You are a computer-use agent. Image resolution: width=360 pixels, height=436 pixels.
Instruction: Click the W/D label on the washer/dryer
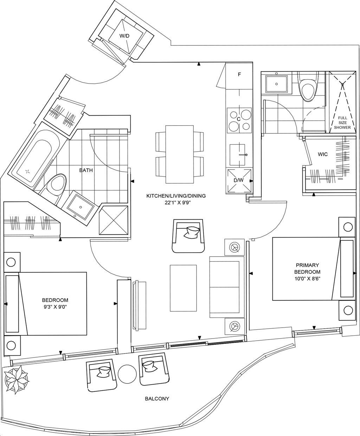(124, 36)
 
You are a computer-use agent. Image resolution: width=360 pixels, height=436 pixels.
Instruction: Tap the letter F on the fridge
(239, 75)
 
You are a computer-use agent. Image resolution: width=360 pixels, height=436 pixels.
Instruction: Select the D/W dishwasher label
(239, 181)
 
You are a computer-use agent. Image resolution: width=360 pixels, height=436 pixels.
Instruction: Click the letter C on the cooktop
(238, 120)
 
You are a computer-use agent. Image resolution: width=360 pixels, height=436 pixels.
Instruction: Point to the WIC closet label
(323, 154)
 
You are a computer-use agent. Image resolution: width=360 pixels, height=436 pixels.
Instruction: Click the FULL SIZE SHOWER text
(342, 122)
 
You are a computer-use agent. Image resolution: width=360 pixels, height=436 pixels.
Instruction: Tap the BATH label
(86, 170)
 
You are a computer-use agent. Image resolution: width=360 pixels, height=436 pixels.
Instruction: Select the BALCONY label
(157, 399)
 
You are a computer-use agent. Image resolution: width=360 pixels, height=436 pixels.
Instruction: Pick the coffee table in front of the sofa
(183, 288)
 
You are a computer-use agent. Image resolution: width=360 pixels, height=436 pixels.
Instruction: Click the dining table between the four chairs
(180, 153)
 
